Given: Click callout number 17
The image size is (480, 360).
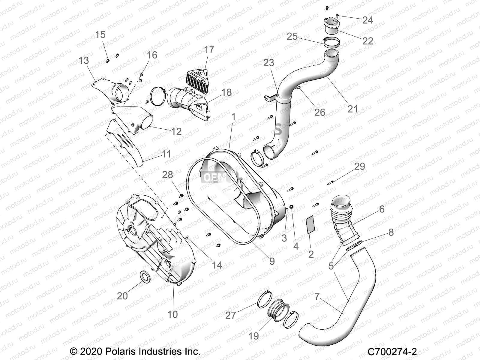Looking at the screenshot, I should tap(209, 49).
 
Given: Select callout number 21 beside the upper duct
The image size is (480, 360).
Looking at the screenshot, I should tap(352, 109).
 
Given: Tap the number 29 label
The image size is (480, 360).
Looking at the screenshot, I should tap(359, 166).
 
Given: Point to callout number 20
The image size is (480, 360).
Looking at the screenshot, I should tap(122, 296).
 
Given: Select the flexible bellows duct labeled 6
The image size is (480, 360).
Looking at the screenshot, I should tap(342, 220).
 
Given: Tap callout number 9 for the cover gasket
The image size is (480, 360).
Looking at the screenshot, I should tap(272, 261).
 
